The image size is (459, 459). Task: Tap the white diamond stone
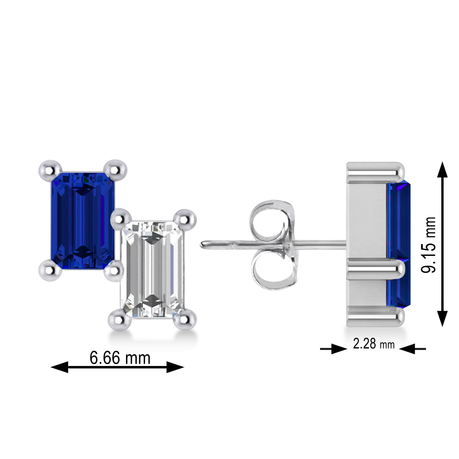[x=152, y=269]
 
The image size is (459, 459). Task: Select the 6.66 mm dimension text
[x=120, y=358]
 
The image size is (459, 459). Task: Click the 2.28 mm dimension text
[x=374, y=344]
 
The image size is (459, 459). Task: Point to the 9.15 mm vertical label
[x=428, y=244]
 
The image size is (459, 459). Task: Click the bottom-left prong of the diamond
[x=119, y=319]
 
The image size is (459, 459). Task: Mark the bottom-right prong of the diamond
[x=185, y=319]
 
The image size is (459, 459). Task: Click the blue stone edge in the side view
[x=398, y=245]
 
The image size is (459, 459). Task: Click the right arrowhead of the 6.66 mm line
[x=175, y=367]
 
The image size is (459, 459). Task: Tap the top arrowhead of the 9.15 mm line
[x=442, y=170]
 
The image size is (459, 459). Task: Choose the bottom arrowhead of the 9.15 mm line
[x=442, y=318]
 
